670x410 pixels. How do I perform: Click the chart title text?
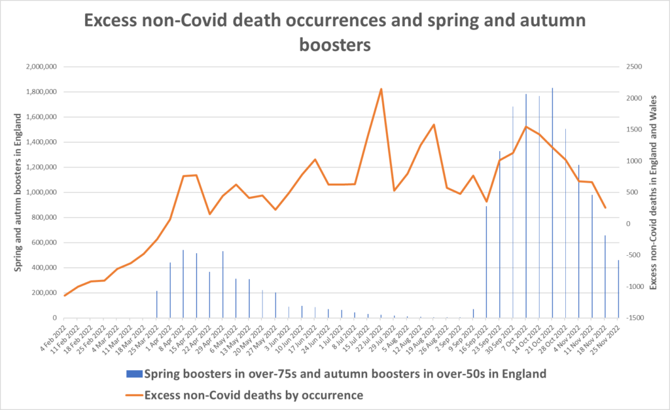[x=334, y=32]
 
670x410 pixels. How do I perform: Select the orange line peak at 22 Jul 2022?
[x=381, y=89]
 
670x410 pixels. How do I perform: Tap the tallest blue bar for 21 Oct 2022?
[x=552, y=203]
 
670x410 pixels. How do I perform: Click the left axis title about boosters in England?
[x=19, y=192]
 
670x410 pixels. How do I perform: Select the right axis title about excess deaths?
[x=652, y=192]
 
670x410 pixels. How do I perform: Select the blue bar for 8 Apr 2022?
[x=183, y=284]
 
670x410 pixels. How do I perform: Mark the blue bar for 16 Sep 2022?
[x=486, y=262]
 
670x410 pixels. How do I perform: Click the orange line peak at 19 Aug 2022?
[x=434, y=125]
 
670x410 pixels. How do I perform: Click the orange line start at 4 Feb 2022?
[x=65, y=296]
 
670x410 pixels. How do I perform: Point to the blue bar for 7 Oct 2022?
[x=526, y=206]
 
